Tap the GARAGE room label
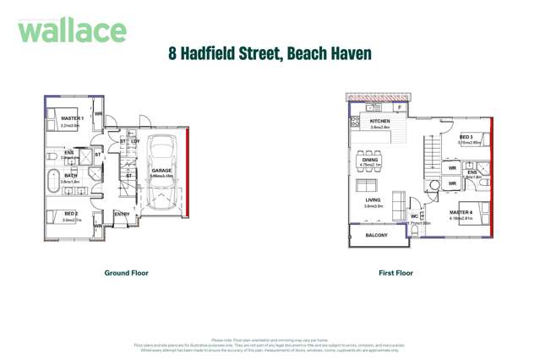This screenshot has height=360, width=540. coord(161,171)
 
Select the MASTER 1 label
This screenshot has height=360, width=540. coord(71,117)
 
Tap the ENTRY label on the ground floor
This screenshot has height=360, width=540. coord(122,214)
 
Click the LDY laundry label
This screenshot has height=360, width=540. coord(135,141)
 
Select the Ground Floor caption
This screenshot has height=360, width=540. coord(126,273)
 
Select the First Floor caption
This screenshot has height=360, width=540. coord(395,273)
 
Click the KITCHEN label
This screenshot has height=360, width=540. coord(379,122)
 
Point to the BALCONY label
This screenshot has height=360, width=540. coord(376,235)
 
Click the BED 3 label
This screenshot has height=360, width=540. coord(466,137)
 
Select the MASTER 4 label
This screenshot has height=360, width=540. coord(461,212)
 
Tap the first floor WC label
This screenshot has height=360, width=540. coord(414,216)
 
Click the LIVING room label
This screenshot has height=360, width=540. coord(373,199)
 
